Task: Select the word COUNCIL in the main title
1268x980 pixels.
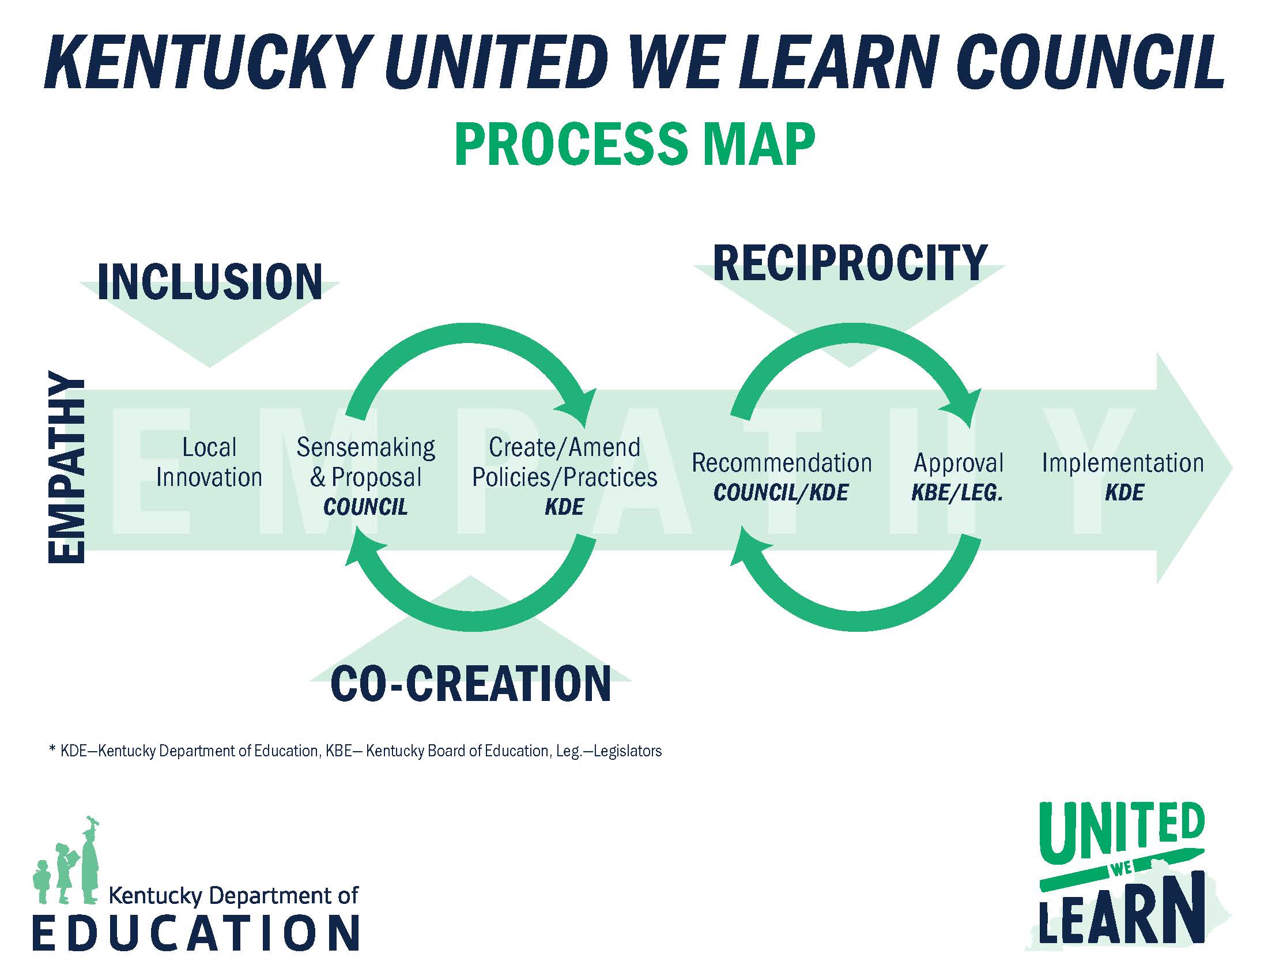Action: pos(1090,62)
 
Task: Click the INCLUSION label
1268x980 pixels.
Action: pos(210,282)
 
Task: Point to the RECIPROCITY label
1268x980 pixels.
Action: pos(850,263)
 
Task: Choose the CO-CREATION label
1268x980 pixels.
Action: pos(470,683)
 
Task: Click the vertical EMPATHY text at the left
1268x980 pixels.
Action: pos(66,467)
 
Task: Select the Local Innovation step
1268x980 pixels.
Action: pos(209,462)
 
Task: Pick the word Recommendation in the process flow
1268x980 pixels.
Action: pos(782,463)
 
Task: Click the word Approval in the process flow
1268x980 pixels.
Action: pos(958,463)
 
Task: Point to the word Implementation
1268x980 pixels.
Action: pos(1123,463)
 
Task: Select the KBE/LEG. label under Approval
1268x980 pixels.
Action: pos(957,493)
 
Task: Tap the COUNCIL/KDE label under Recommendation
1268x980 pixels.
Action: pos(781,493)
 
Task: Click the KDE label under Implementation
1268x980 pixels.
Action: pos(1124,493)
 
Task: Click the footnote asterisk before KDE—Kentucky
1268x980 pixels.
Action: pos(53,749)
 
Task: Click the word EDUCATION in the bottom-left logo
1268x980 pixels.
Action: pos(196,933)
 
